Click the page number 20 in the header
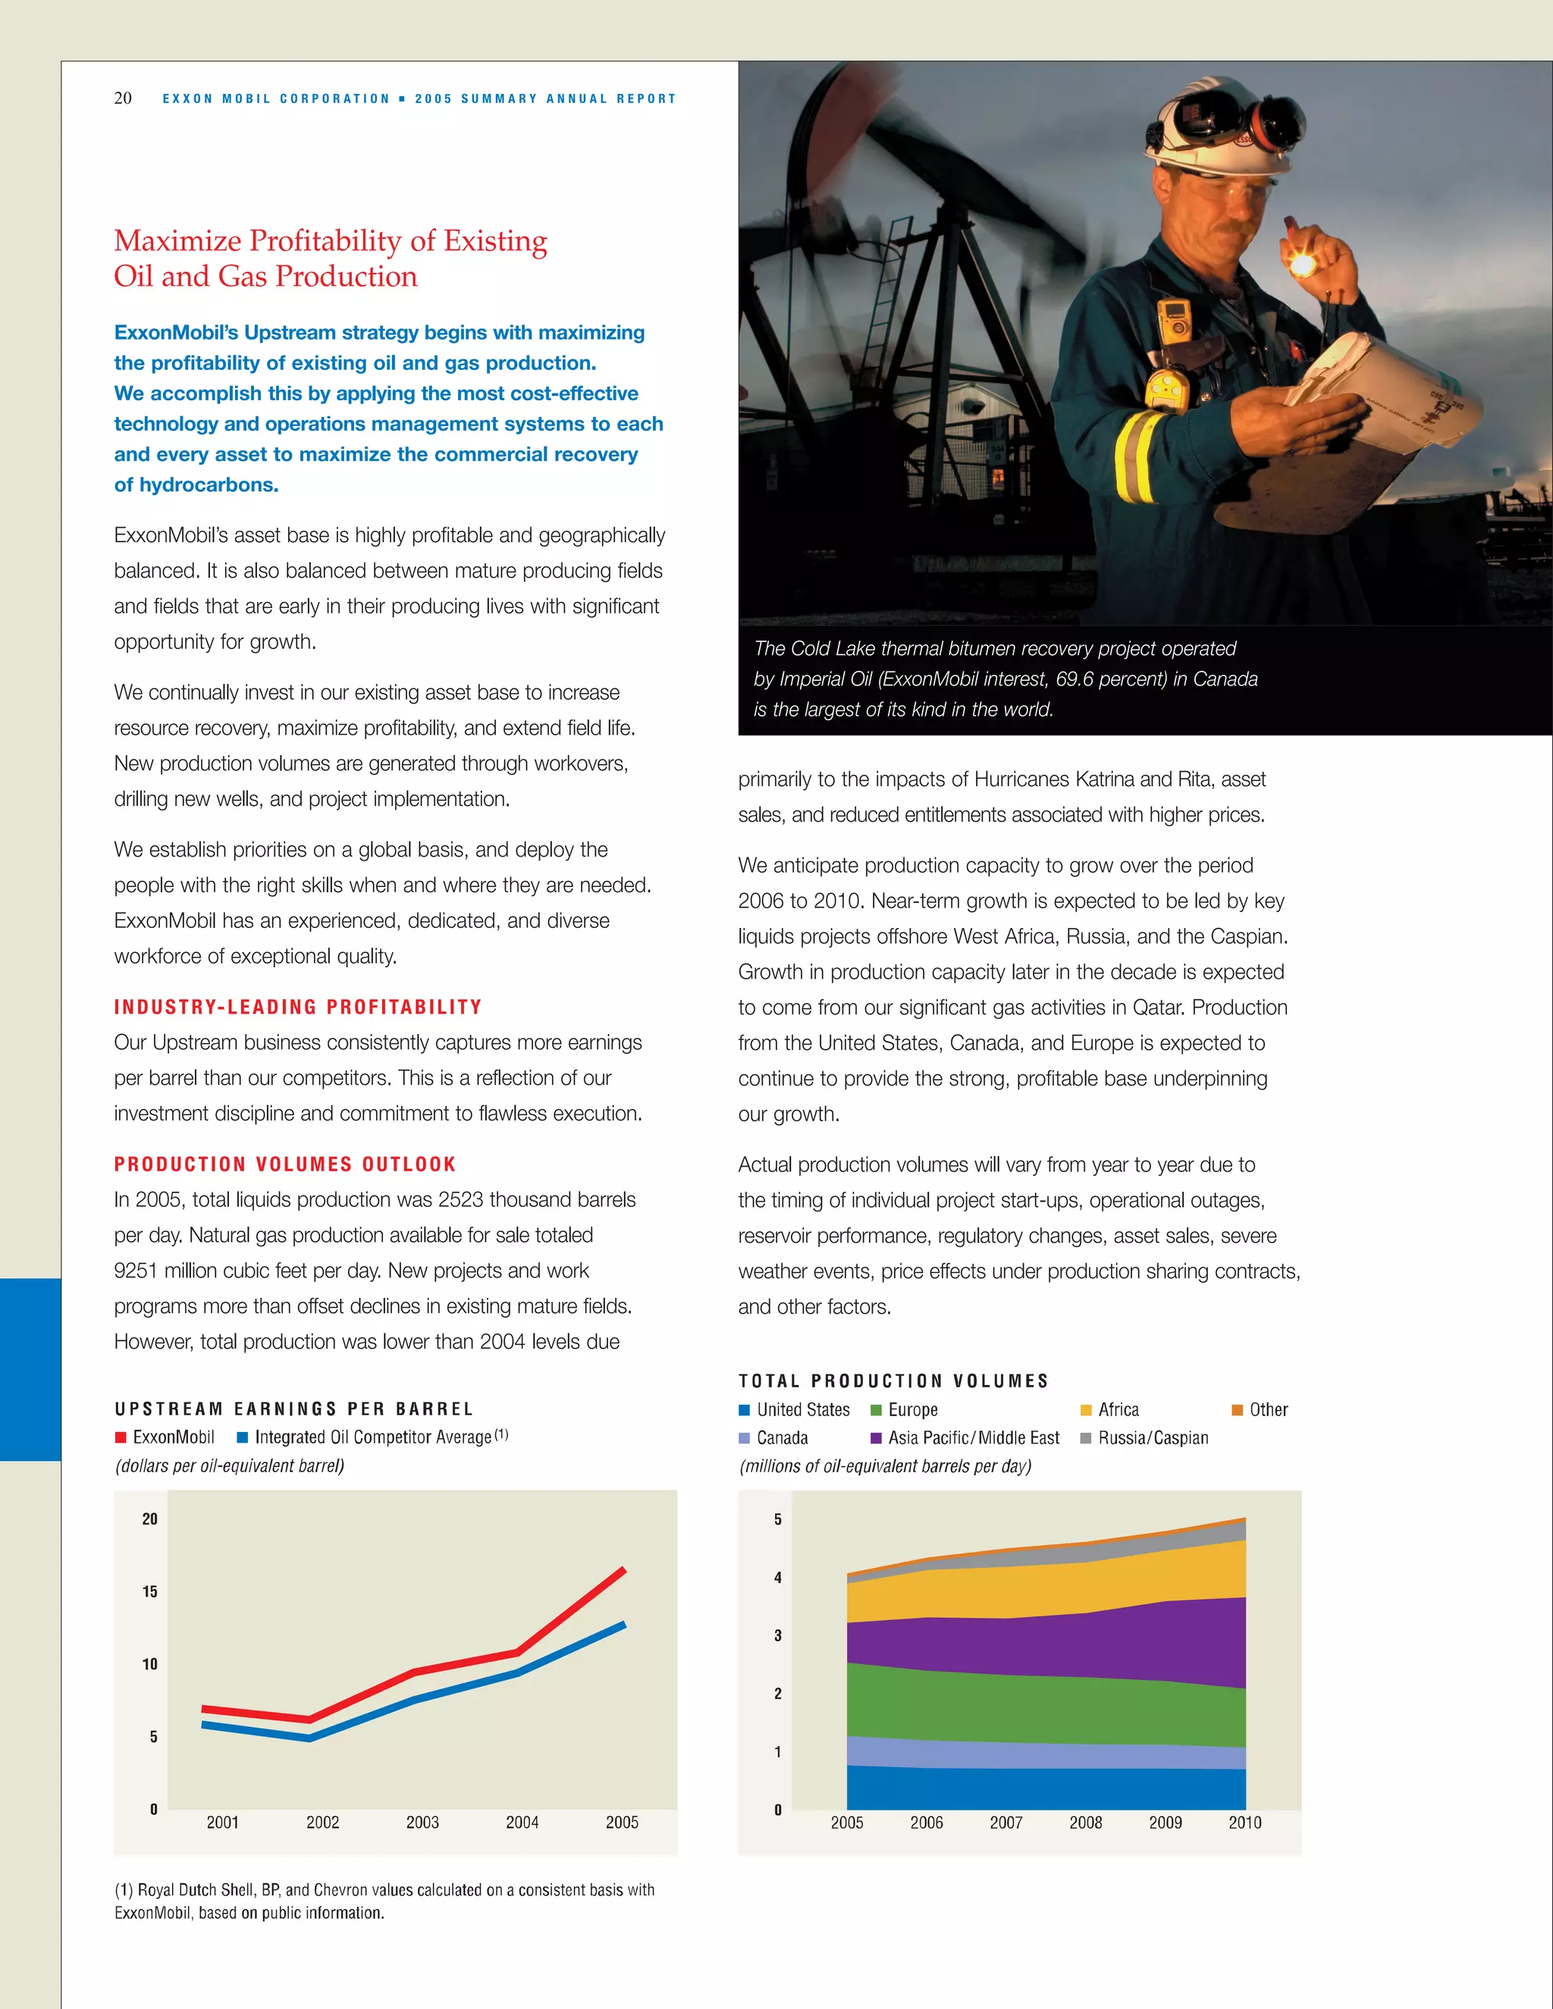pyautogui.click(x=122, y=99)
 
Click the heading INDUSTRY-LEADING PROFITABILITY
pyautogui.click(x=297, y=1008)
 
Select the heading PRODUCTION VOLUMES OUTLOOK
pyautogui.click(x=285, y=1164)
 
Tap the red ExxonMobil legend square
pyautogui.click(x=121, y=1437)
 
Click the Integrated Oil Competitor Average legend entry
pyautogui.click(x=372, y=1437)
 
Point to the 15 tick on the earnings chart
pyautogui.click(x=150, y=1592)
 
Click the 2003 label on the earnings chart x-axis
pyautogui.click(x=422, y=1823)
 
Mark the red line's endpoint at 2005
pyautogui.click(x=624, y=1570)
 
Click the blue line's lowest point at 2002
pyautogui.click(x=310, y=1738)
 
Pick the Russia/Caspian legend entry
pyautogui.click(x=1153, y=1437)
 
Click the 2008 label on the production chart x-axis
pyautogui.click(x=1086, y=1823)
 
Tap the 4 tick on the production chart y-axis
pyautogui.click(x=777, y=1578)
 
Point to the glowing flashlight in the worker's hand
pyautogui.click(x=1302, y=265)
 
